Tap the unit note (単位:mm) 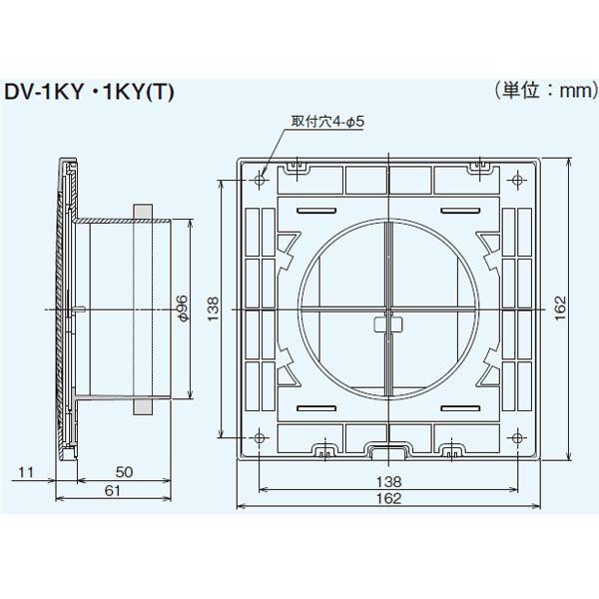[538, 90]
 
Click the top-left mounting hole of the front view [261, 180]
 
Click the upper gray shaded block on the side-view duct [141, 213]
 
